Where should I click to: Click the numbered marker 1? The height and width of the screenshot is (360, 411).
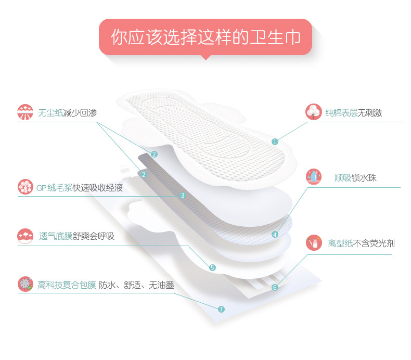click(x=275, y=142)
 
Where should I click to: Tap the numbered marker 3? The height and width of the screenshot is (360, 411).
click(x=182, y=196)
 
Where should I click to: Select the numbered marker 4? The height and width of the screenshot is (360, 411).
click(x=275, y=234)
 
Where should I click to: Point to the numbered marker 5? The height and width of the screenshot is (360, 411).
click(x=212, y=268)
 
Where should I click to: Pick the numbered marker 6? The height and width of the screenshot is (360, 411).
click(x=275, y=287)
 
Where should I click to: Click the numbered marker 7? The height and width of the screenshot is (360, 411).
click(x=221, y=309)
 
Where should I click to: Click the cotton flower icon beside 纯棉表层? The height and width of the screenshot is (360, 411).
click(x=314, y=112)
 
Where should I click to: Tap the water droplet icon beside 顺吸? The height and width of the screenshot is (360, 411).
click(x=314, y=177)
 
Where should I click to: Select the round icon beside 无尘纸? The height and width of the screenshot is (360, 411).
click(x=25, y=112)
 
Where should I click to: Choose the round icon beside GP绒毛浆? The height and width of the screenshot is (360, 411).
click(x=25, y=187)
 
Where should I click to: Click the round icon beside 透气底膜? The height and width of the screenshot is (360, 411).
click(x=25, y=236)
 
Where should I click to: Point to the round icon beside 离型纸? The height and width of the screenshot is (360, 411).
click(x=314, y=242)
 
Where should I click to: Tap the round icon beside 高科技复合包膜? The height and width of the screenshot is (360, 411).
click(x=25, y=284)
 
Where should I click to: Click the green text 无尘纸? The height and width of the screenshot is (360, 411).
click(x=50, y=112)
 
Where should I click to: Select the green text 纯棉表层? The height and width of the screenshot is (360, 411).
click(x=341, y=112)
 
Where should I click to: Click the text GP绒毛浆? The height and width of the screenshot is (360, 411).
click(x=54, y=187)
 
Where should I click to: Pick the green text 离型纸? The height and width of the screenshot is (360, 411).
click(x=340, y=243)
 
